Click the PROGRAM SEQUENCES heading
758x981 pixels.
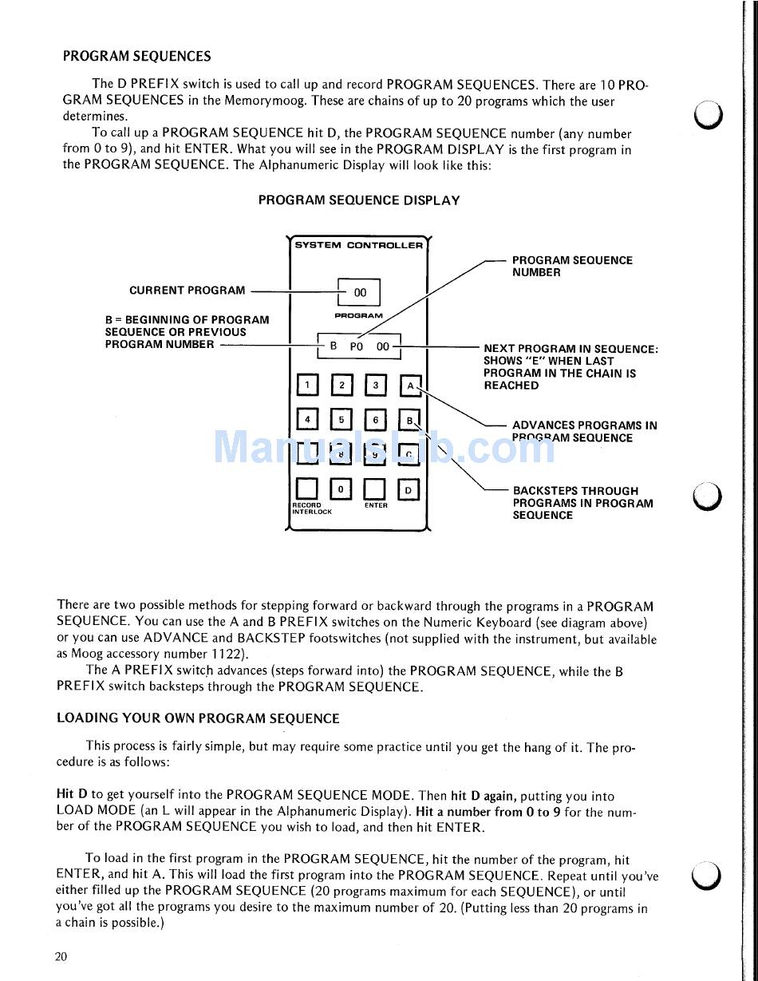136,57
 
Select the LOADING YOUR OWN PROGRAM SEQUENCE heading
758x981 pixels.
198,718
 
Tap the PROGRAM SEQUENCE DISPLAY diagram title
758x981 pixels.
358,200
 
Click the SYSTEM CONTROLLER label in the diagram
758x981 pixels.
358,245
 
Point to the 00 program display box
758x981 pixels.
360,292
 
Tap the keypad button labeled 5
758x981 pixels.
341,419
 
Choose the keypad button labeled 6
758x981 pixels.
375,419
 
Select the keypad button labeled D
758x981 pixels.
409,489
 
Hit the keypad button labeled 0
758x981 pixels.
341,489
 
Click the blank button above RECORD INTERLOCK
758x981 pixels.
306,489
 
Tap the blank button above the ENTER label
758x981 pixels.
375,489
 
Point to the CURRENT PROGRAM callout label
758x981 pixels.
188,291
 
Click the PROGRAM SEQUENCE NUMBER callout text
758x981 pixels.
571,267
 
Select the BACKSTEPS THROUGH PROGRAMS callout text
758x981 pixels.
582,503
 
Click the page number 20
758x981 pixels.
61,957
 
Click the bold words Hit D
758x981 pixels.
72,795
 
